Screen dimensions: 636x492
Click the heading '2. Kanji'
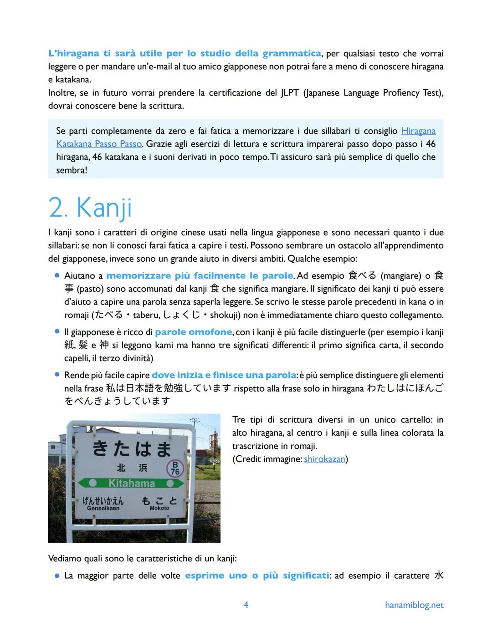pos(90,208)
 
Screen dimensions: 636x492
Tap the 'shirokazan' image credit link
pos(324,459)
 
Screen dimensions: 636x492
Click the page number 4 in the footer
pos(246,605)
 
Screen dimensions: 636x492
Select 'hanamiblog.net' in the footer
pos(414,605)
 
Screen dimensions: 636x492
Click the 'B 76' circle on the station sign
pos(175,468)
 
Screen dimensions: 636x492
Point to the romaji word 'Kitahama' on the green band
pos(132,483)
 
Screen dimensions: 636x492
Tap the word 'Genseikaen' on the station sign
pos(103,508)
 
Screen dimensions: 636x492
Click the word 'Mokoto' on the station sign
pos(159,508)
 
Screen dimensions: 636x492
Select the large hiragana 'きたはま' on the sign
pos(132,448)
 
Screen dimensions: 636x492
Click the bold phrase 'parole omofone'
pos(194,332)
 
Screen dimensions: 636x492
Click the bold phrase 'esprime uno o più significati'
pos(257,575)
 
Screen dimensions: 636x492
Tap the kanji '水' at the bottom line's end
pos(438,575)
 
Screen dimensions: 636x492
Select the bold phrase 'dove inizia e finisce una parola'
pos(224,375)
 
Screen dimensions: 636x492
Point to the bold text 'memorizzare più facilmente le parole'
pos(200,275)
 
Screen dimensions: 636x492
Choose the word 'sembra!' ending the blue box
pos(72,170)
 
